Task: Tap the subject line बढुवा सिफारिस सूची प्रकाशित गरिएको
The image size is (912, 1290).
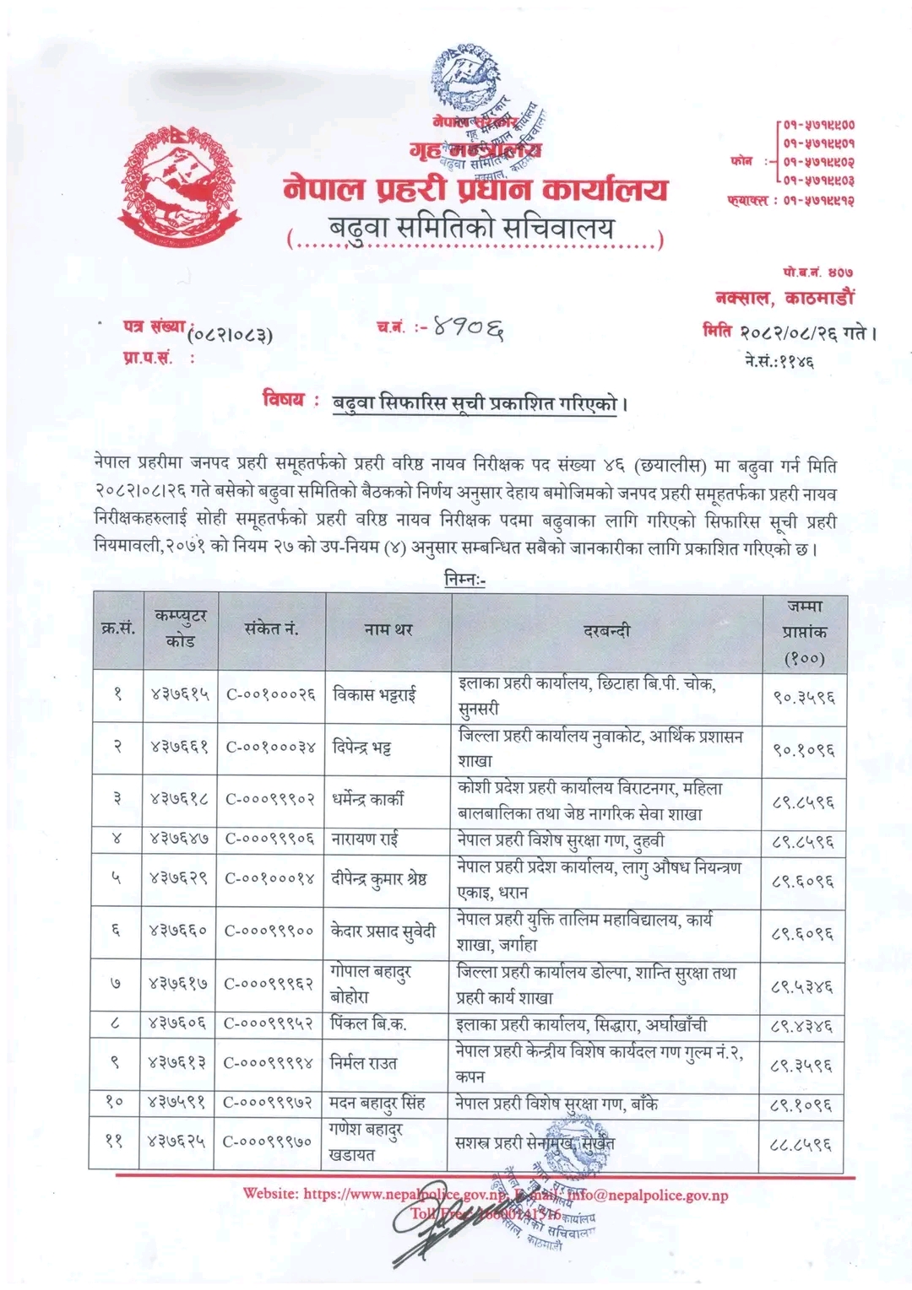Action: [x=478, y=402]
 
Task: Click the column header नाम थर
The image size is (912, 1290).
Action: [x=388, y=630]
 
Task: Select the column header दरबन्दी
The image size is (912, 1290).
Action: [x=606, y=630]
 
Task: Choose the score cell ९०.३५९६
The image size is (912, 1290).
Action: [x=803, y=697]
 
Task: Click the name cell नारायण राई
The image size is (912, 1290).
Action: [x=365, y=839]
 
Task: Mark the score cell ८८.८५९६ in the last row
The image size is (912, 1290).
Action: [x=803, y=1144]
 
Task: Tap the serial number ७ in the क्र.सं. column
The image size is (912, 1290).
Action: [x=117, y=984]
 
